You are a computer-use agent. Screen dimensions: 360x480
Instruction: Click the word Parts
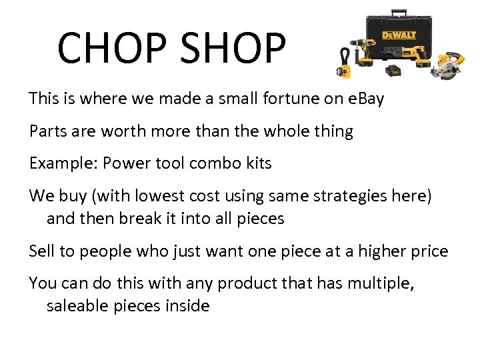coord(49,131)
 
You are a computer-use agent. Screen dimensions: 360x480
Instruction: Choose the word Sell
coord(41,251)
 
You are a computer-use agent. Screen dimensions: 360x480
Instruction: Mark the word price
coord(427,251)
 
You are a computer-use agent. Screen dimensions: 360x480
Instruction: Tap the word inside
coord(190,306)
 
